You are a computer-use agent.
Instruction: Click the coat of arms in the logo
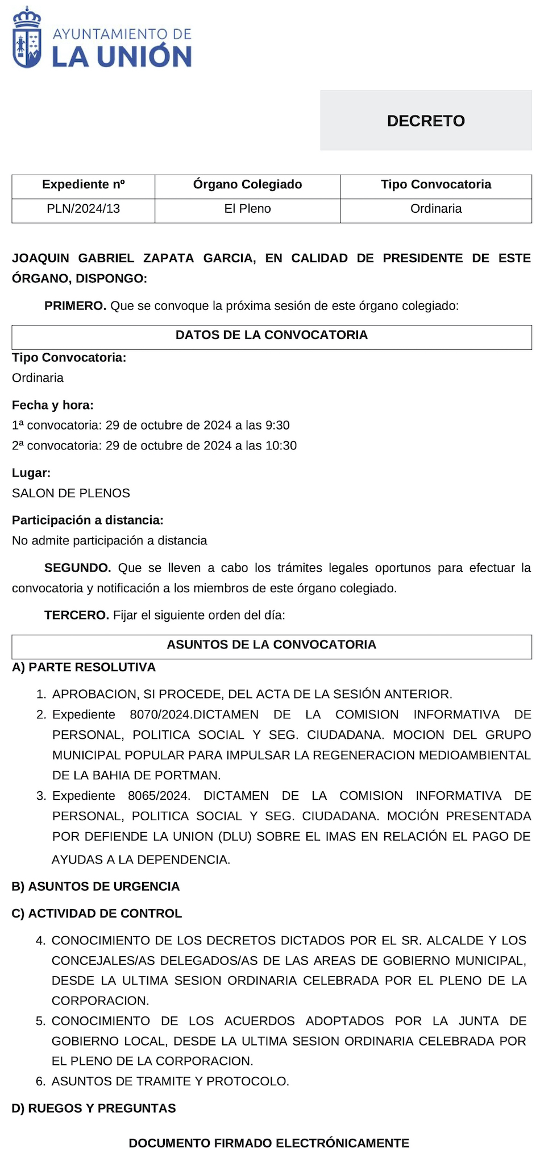coord(27,39)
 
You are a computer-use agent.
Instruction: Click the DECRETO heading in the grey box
coord(426,121)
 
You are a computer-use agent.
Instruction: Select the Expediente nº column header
coord(83,184)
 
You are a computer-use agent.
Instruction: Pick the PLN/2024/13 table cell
coord(83,209)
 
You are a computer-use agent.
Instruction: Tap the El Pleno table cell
coord(247,209)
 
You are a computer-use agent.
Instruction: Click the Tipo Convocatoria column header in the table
coord(436,184)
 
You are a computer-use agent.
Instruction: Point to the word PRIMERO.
coord(75,306)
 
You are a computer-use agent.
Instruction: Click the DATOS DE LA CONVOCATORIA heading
coord(271,335)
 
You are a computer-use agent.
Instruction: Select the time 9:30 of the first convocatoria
coord(278,425)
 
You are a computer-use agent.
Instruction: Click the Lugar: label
coord(31,473)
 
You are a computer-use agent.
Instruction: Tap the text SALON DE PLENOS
coord(71,493)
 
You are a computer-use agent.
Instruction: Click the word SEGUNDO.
coord(77,568)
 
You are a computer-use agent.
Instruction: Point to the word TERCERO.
coord(76,615)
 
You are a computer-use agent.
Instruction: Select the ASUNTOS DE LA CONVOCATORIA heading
coord(271,644)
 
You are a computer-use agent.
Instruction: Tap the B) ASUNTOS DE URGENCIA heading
coord(95,886)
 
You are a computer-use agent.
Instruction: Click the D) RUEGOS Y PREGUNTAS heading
coord(94,1108)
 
